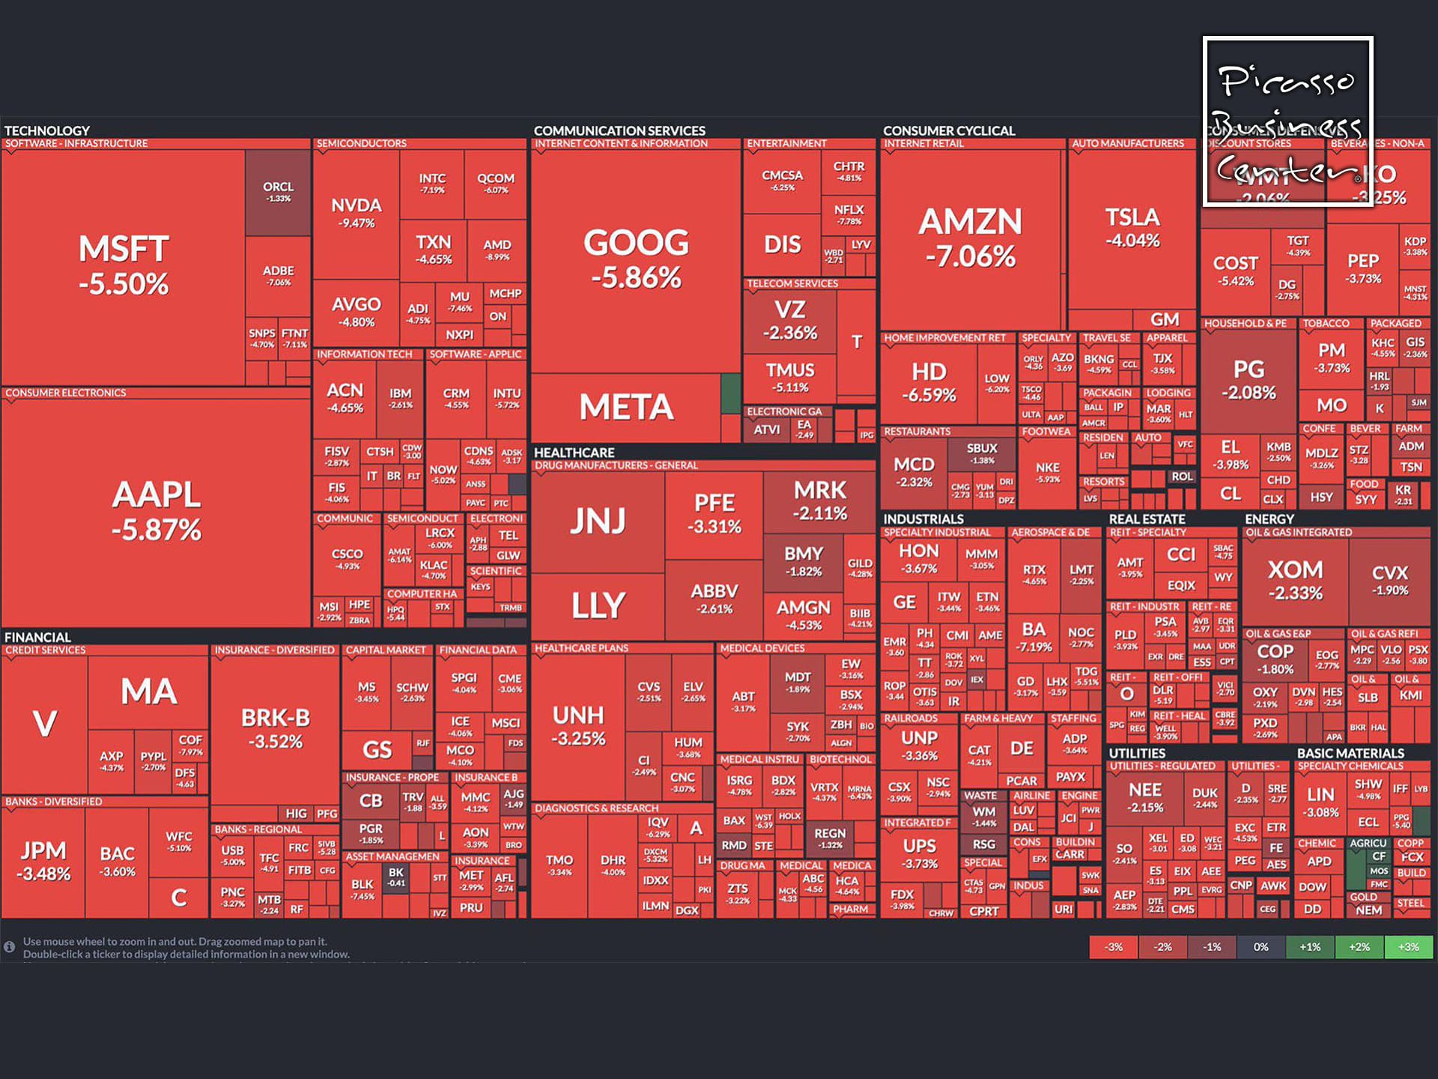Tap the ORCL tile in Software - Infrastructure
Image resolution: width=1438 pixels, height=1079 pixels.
278,191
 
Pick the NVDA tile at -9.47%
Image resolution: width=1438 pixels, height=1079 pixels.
357,213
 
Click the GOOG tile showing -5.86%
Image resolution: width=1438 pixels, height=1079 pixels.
636,259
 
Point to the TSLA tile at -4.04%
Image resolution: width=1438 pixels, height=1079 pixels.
1132,228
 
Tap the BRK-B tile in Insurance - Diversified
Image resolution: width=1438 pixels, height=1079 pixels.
276,728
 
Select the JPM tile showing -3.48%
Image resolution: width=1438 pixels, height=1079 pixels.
43,861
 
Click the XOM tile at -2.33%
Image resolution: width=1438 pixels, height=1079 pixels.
1296,580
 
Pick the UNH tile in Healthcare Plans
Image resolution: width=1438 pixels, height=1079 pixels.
578,725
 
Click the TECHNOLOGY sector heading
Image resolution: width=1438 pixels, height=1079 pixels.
47,130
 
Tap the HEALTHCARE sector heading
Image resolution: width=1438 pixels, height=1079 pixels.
574,453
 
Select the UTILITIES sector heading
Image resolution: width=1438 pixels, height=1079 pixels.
1137,753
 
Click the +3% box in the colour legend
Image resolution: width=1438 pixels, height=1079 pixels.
1408,947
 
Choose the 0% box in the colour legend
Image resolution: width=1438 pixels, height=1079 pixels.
1260,947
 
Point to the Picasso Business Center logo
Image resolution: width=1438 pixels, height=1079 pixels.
1288,121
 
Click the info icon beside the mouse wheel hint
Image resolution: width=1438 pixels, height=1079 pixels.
10,947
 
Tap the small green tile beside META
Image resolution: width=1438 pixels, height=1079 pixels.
730,394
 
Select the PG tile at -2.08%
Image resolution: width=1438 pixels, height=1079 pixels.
1249,380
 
